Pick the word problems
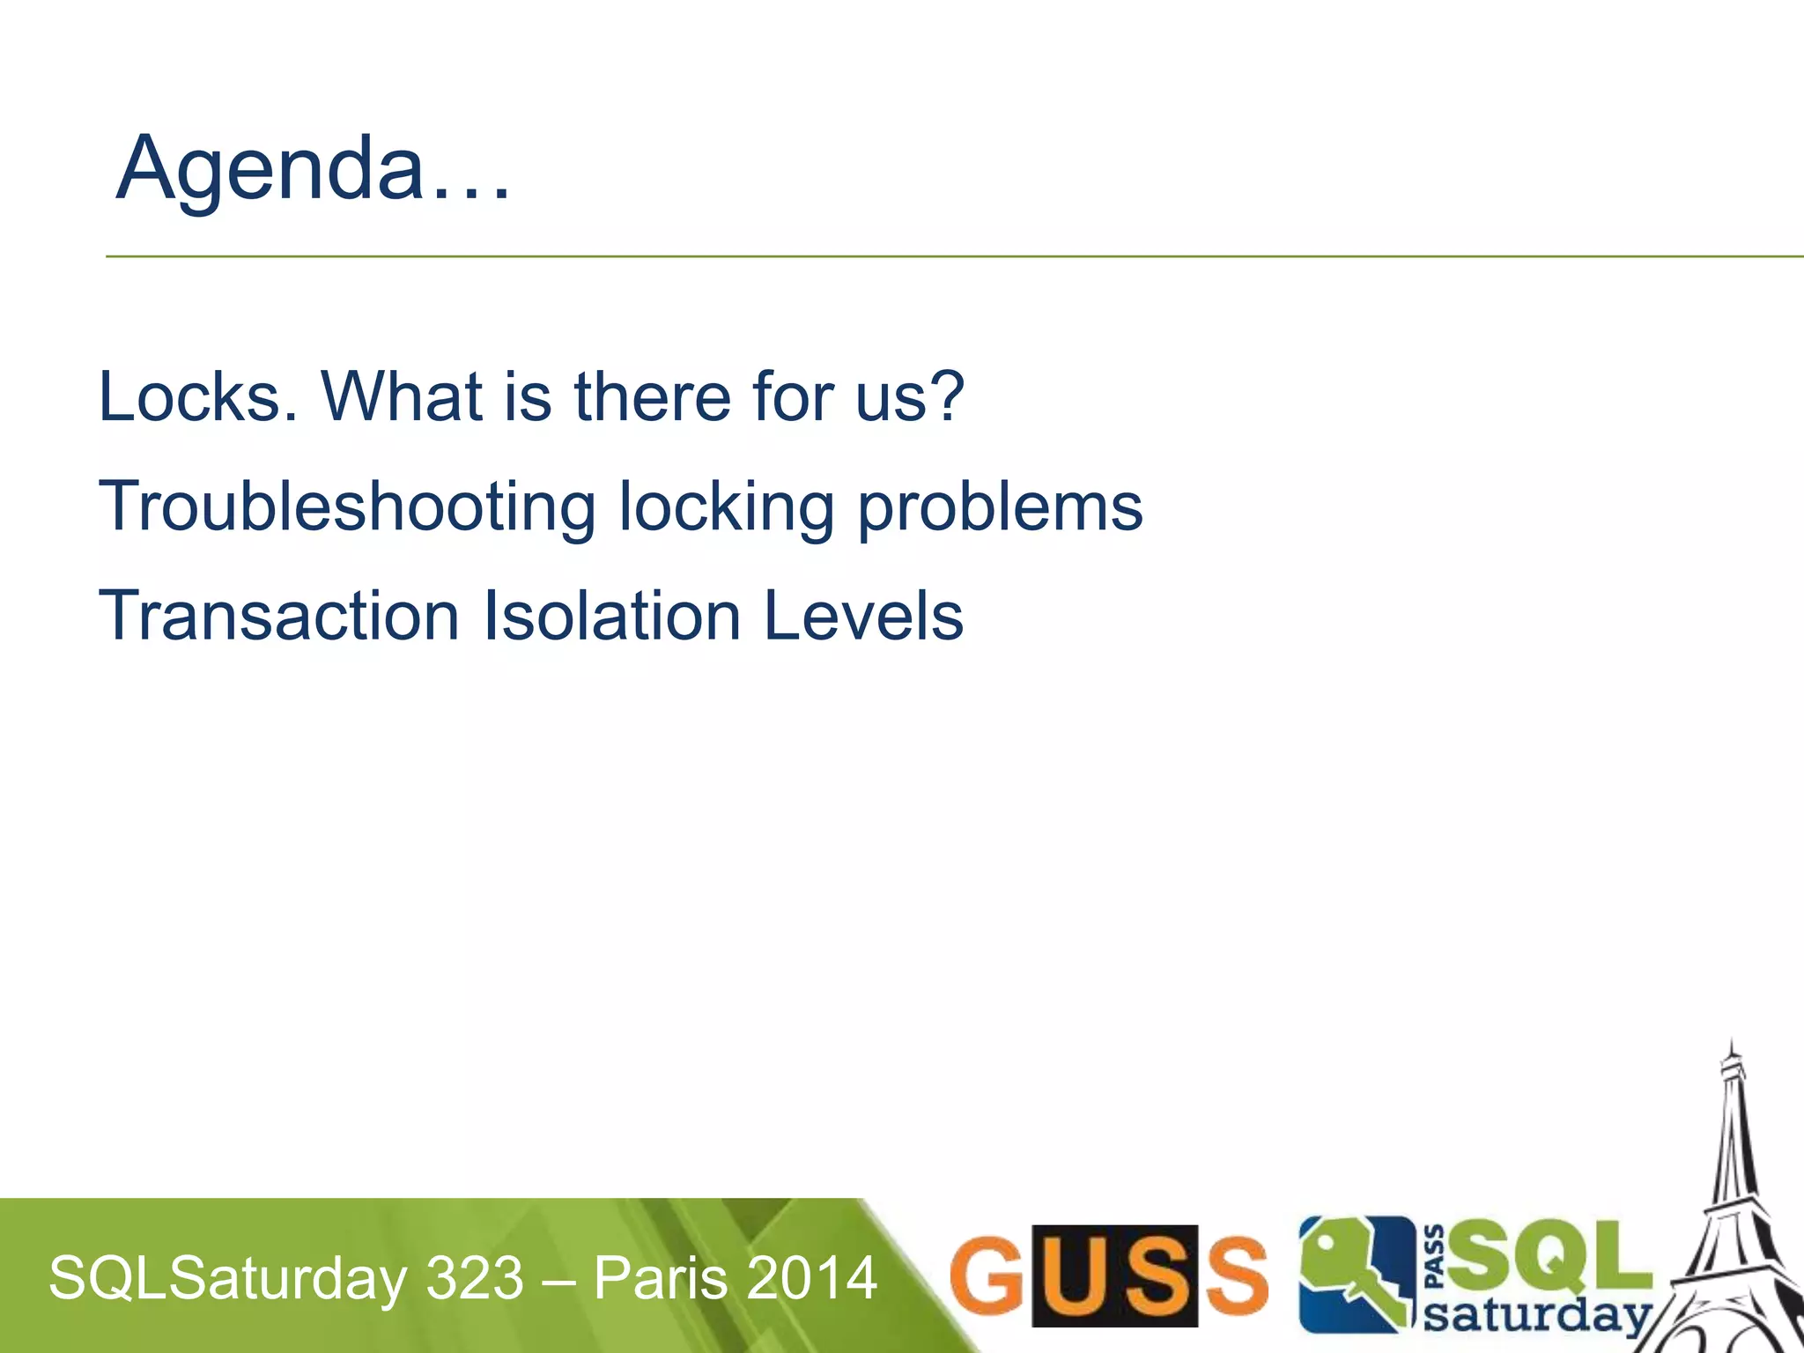coord(1000,508)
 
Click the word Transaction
coord(279,616)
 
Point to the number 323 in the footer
coord(475,1279)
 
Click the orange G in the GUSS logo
coord(987,1274)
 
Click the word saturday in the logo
coord(1537,1316)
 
